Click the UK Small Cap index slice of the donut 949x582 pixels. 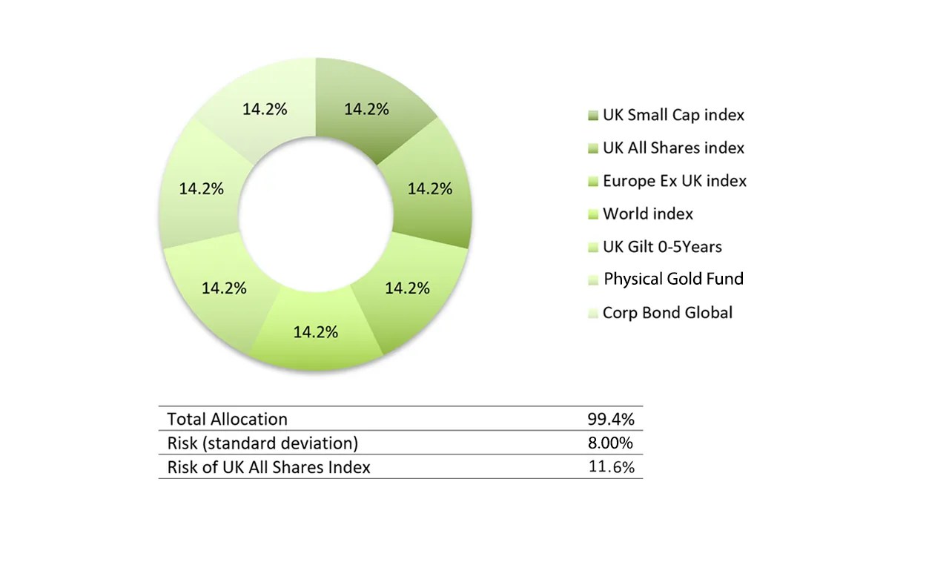[x=366, y=108]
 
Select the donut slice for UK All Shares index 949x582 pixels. [x=430, y=188]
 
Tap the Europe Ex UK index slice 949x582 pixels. [x=406, y=288]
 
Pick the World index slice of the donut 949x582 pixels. [x=315, y=332]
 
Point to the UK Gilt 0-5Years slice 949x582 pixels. [x=224, y=288]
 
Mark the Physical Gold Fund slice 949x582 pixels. [x=201, y=188]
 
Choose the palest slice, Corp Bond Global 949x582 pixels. [x=265, y=108]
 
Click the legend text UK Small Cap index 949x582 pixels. [x=673, y=115]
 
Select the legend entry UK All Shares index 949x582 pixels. [x=673, y=148]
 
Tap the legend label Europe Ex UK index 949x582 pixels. [x=674, y=181]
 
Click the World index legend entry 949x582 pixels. [x=647, y=214]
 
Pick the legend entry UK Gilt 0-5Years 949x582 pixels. [x=662, y=246]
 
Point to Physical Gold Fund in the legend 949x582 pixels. [x=673, y=279]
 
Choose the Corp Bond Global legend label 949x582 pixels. [x=667, y=312]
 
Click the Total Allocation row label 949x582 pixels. [x=227, y=419]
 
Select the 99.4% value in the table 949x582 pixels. [x=611, y=419]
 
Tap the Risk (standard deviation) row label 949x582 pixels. [x=262, y=443]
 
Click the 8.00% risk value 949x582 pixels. [x=611, y=443]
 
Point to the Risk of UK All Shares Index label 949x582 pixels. [x=268, y=467]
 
